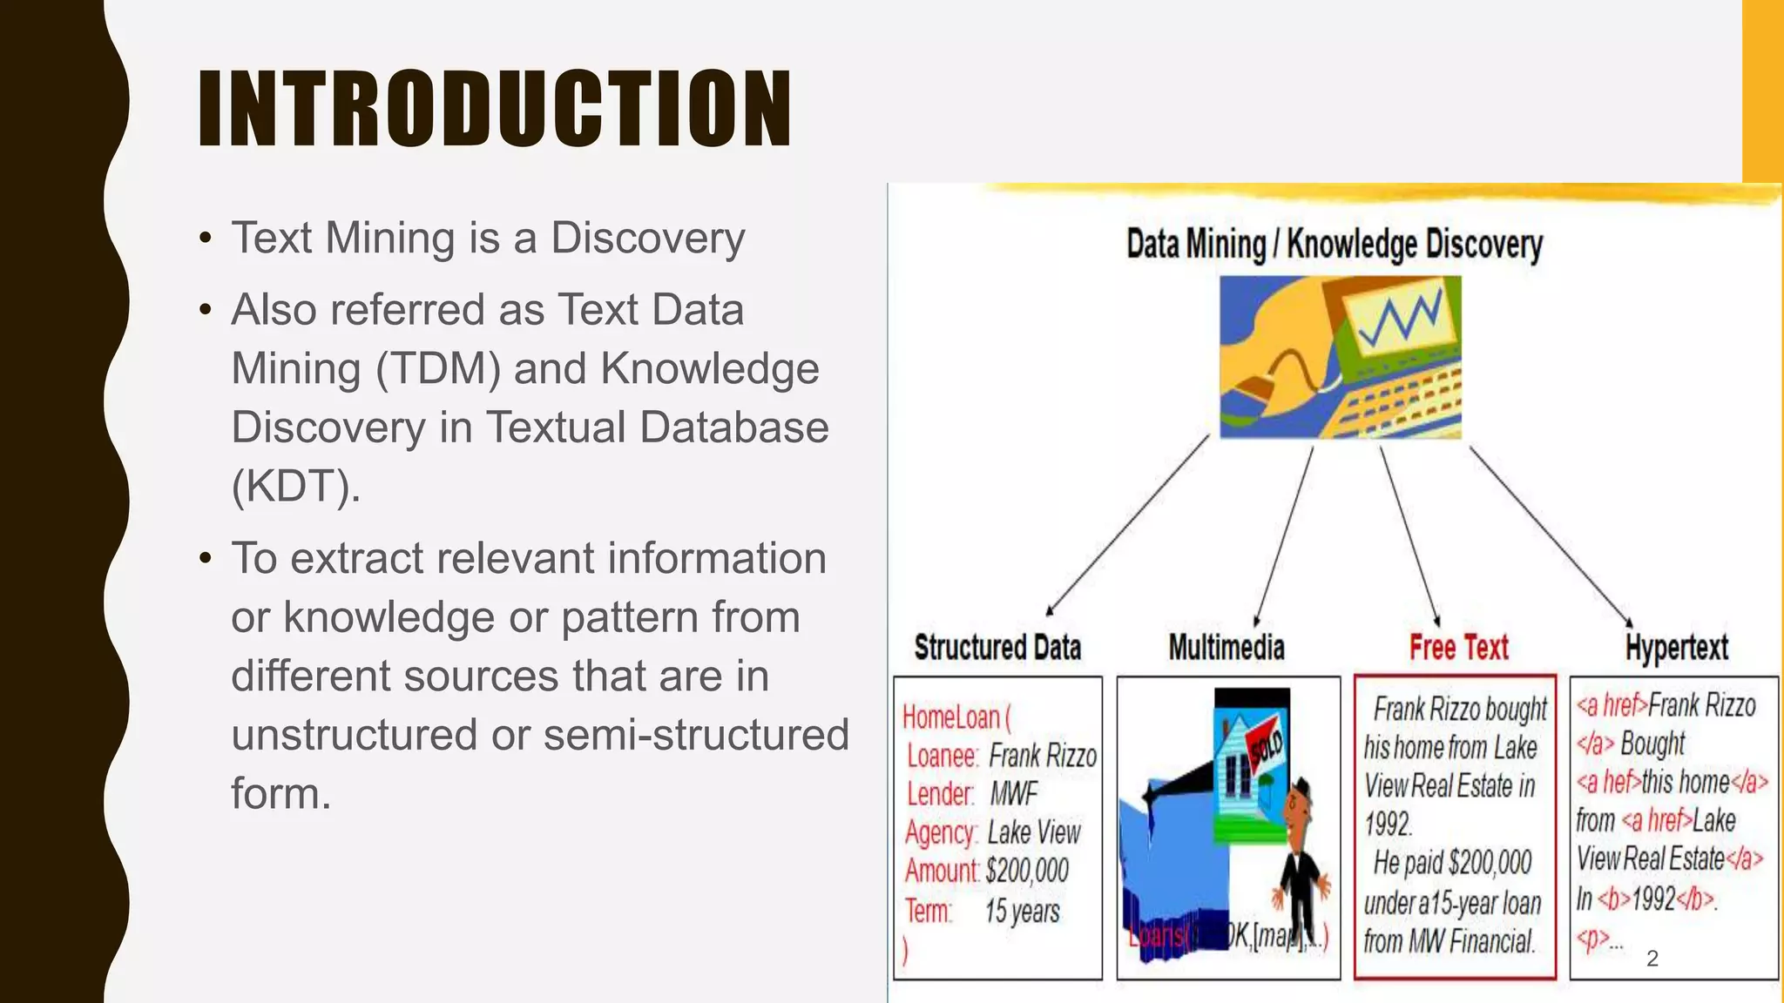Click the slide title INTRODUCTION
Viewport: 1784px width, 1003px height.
[495, 108]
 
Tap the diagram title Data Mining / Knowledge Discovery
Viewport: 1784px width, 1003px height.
[1334, 245]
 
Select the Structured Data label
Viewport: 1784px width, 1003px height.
[997, 648]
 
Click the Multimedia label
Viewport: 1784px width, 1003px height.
[1226, 648]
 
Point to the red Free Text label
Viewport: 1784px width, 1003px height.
[1458, 648]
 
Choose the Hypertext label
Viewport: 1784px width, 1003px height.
[1676, 648]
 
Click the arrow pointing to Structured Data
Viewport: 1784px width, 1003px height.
[1128, 526]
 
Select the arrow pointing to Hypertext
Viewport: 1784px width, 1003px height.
[1551, 535]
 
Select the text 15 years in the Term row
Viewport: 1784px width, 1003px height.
[1022, 912]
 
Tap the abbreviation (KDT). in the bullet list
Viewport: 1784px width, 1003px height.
[295, 487]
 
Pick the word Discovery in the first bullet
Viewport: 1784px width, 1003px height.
[648, 238]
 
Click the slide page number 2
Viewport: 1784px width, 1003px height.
[1652, 959]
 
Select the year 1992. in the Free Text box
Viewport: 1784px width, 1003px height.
[1388, 824]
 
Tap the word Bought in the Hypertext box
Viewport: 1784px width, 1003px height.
[1652, 744]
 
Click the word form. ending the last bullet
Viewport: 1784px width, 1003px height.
[280, 793]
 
